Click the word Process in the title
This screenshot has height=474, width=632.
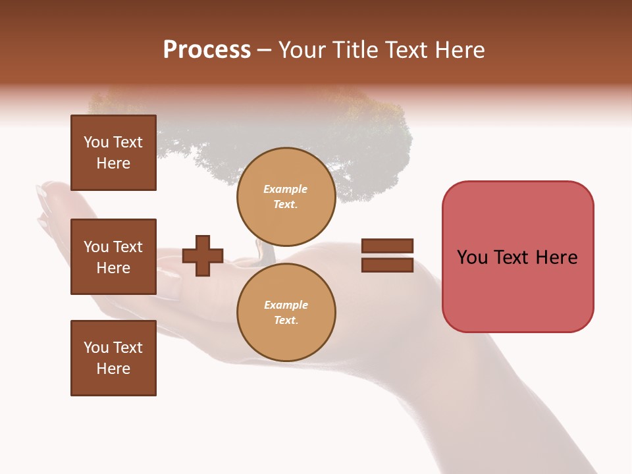pyautogui.click(x=207, y=50)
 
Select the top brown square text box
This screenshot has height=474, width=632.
pyautogui.click(x=113, y=153)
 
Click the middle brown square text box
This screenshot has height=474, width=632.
pyautogui.click(x=113, y=257)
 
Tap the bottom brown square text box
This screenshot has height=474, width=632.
pyautogui.click(x=113, y=358)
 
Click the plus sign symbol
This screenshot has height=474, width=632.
pyautogui.click(x=203, y=255)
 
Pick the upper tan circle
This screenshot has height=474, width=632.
pyautogui.click(x=286, y=196)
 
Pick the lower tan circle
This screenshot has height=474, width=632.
pyautogui.click(x=286, y=312)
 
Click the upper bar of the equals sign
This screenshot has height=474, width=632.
pyautogui.click(x=387, y=246)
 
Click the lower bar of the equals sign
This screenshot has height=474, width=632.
pyautogui.click(x=387, y=265)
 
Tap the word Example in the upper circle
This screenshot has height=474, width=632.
pyautogui.click(x=286, y=189)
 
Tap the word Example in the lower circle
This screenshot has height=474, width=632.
pyautogui.click(x=286, y=305)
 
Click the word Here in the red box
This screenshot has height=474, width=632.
pyautogui.click(x=557, y=257)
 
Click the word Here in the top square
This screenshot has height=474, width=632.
pyautogui.click(x=113, y=163)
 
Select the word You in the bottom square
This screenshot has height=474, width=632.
pyautogui.click(x=96, y=348)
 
